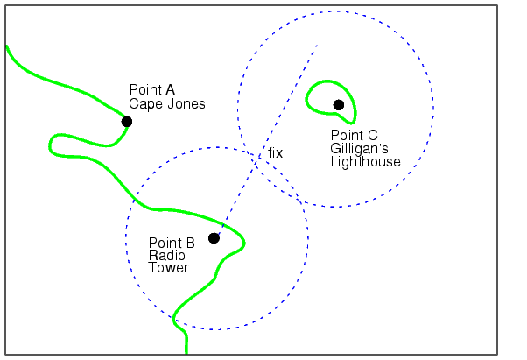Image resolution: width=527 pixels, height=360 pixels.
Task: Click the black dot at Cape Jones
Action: pyautogui.click(x=127, y=122)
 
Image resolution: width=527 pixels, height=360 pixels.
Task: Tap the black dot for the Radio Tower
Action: pyautogui.click(x=214, y=238)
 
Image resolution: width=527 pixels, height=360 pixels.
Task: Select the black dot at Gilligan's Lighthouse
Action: pyautogui.click(x=339, y=105)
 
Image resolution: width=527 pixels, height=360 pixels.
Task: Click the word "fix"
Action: pyautogui.click(x=275, y=153)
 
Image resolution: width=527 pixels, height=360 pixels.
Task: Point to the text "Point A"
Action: pyautogui.click(x=152, y=89)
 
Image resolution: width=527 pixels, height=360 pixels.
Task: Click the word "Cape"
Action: pyautogui.click(x=145, y=104)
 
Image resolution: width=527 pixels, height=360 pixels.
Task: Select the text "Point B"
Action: pyautogui.click(x=172, y=243)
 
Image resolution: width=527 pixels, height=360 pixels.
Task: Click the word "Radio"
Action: pyautogui.click(x=166, y=256)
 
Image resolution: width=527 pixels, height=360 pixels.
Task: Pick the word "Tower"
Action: pyautogui.click(x=168, y=267)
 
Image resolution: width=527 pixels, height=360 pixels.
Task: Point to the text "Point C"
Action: pyautogui.click(x=355, y=135)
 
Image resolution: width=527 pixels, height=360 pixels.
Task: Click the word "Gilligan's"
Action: pyautogui.click(x=359, y=149)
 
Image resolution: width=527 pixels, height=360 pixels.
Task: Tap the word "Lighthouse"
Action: pyautogui.click(x=366, y=162)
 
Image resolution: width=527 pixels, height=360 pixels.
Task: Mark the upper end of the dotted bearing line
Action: pyautogui.click(x=317, y=45)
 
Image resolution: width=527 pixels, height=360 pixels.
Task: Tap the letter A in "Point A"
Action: pyautogui.click(x=170, y=89)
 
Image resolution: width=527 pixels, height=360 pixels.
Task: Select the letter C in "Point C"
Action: pyautogui.click(x=372, y=135)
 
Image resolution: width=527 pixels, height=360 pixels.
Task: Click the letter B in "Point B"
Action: pyautogui.click(x=190, y=243)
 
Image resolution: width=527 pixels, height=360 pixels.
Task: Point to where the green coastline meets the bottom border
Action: pyautogui.click(x=186, y=353)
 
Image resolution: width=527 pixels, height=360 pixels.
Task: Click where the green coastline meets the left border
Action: pyautogui.click(x=7, y=46)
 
